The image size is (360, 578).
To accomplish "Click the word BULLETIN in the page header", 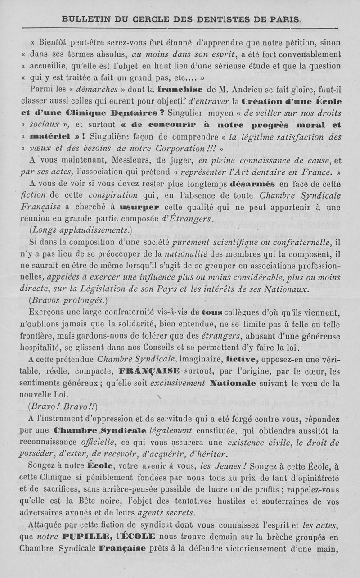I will click(x=83, y=19).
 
